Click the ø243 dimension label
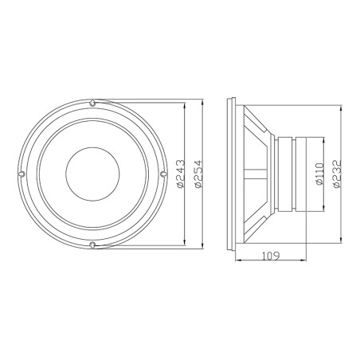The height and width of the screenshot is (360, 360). click(x=182, y=173)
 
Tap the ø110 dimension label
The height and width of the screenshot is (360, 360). click(x=319, y=173)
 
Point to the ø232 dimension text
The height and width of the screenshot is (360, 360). click(x=337, y=173)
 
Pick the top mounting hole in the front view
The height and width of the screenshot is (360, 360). click(x=93, y=104)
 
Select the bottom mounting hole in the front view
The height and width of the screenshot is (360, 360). click(x=93, y=244)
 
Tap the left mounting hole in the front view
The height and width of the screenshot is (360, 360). click(x=23, y=174)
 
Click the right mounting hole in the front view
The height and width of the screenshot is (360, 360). click(x=163, y=174)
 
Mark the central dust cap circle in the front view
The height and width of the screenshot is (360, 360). click(x=93, y=174)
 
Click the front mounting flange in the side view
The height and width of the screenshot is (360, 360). click(x=232, y=174)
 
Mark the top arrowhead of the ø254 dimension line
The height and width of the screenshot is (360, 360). click(x=202, y=103)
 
